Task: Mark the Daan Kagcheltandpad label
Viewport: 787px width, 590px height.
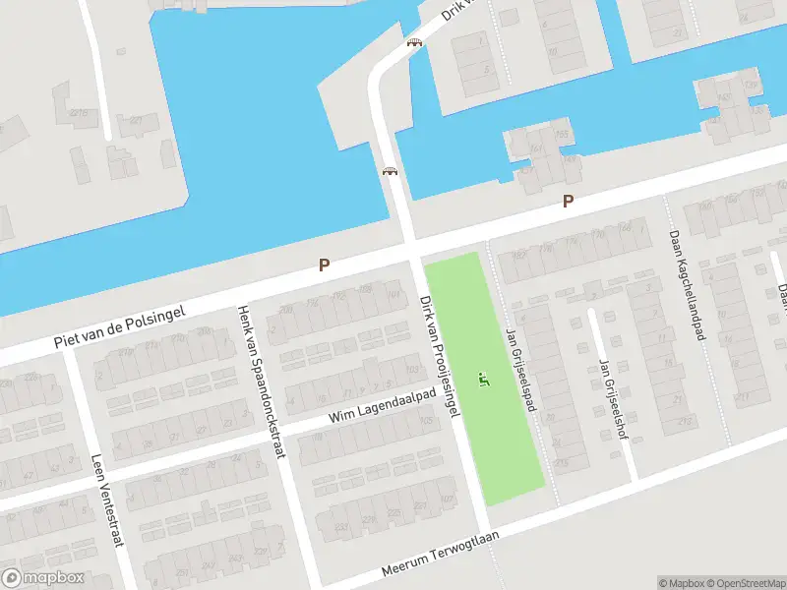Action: pyautogui.click(x=688, y=285)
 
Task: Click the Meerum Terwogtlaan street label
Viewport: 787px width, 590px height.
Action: pyautogui.click(x=441, y=555)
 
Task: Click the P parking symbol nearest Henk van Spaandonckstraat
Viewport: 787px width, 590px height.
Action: pyautogui.click(x=323, y=265)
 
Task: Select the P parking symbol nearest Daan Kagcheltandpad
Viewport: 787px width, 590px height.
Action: pyautogui.click(x=568, y=201)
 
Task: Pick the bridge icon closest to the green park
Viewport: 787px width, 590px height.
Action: pyautogui.click(x=391, y=171)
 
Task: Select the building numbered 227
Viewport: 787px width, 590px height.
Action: pyautogui.click(x=136, y=121)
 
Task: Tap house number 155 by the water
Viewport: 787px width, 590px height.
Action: pyautogui.click(x=563, y=134)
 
